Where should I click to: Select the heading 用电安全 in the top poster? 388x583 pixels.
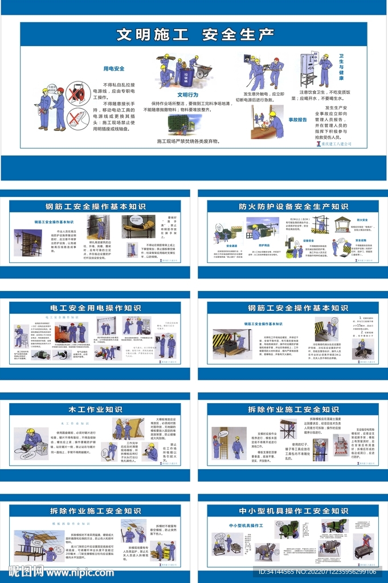(113, 69)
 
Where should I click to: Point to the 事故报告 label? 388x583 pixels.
(297, 120)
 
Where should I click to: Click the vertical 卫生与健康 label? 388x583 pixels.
(341, 66)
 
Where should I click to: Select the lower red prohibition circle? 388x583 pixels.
(76, 118)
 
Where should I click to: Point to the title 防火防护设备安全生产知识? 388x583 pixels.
(293, 207)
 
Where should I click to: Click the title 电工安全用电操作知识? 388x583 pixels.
(95, 308)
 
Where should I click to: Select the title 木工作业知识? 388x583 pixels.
(95, 409)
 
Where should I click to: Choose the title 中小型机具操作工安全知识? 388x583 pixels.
(293, 511)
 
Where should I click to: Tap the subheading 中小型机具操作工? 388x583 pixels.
(246, 525)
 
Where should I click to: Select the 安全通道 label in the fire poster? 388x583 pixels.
(223, 246)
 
